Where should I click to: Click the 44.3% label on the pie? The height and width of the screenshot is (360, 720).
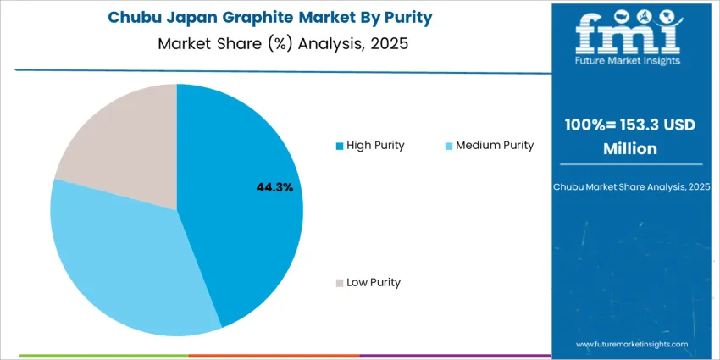pos(274,187)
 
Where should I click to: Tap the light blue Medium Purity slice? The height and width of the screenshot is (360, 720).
pos(119,254)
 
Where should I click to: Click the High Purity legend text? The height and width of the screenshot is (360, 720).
pos(375,145)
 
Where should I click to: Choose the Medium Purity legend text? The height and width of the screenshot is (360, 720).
pos(495,145)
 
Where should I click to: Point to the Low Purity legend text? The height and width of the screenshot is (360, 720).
pos(374,282)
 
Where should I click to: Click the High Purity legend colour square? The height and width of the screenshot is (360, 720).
pos(340,146)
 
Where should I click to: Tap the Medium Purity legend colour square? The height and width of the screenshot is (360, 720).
pos(449,146)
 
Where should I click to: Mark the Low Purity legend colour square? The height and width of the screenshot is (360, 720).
pos(340,283)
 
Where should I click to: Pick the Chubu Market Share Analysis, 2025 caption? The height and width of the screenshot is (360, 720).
pos(631,186)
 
